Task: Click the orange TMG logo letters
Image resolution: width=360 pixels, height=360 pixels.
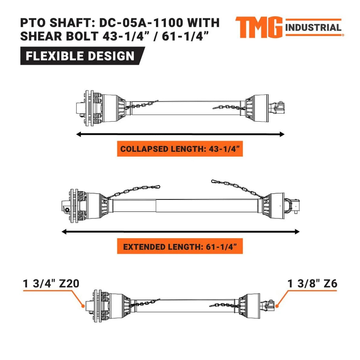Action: click(x=259, y=27)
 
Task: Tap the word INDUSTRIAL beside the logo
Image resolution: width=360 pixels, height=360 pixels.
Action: click(x=313, y=28)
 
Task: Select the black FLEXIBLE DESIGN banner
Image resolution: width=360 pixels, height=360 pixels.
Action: click(x=83, y=56)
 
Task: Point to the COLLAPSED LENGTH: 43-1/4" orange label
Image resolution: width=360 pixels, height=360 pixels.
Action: click(x=180, y=149)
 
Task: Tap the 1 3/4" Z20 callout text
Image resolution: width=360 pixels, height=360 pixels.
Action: click(x=51, y=284)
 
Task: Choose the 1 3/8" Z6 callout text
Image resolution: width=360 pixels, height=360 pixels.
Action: click(x=312, y=284)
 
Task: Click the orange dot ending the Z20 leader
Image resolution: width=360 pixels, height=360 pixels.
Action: click(x=83, y=306)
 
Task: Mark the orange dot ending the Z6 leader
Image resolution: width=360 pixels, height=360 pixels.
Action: click(x=277, y=306)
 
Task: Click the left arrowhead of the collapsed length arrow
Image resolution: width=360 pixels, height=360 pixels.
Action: click(x=79, y=134)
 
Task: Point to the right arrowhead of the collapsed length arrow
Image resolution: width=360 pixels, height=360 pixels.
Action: click(x=282, y=134)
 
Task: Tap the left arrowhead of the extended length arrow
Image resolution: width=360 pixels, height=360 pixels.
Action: click(x=64, y=232)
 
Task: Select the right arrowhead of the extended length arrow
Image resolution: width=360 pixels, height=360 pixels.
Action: click(x=297, y=232)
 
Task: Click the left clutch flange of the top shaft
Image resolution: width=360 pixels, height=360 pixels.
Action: click(x=89, y=108)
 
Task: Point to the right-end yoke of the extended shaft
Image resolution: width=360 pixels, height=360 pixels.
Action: click(x=292, y=206)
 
